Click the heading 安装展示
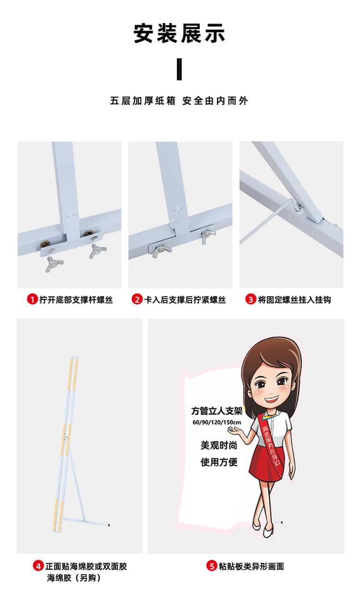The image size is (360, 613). (x=180, y=34)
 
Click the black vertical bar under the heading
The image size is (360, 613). (x=179, y=69)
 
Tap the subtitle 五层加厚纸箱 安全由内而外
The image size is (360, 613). (x=179, y=101)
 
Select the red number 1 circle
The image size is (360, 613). (x=32, y=300)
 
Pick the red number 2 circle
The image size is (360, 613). (x=137, y=300)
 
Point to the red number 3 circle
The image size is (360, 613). (x=251, y=300)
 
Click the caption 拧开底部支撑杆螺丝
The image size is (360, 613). (x=76, y=300)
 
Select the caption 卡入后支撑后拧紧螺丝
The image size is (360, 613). (x=185, y=300)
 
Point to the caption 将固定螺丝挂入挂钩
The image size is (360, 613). (x=294, y=300)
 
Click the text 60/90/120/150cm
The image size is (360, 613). (x=216, y=422)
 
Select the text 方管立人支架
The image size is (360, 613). (x=216, y=411)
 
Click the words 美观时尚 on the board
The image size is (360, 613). (x=219, y=445)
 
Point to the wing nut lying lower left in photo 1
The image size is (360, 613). (x=54, y=264)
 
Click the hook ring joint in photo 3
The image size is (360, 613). (x=298, y=208)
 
